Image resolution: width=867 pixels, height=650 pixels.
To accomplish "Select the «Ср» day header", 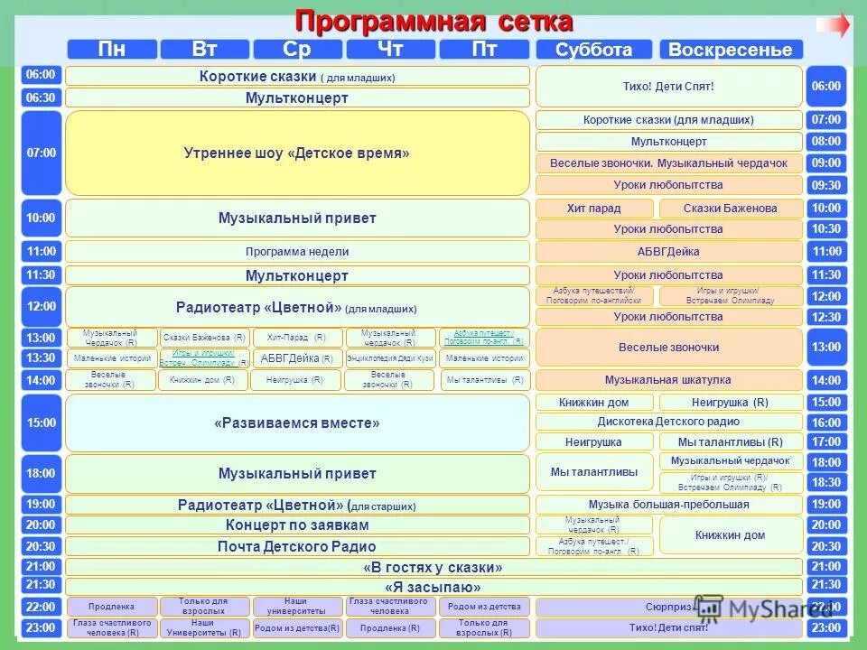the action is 297,50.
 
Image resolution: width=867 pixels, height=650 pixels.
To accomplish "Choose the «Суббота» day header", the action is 593,50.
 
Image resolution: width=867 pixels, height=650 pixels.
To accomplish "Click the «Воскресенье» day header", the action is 730,50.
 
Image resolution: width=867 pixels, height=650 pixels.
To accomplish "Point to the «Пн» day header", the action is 111,50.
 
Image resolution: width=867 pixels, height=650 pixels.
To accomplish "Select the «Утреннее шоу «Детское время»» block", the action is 297,153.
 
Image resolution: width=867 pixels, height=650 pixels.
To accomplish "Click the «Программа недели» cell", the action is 297,252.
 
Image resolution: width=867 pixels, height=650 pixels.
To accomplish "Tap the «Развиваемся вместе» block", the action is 297,422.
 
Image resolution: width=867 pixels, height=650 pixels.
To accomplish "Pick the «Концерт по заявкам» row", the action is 297,525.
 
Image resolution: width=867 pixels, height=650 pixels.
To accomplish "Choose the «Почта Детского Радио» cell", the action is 297,546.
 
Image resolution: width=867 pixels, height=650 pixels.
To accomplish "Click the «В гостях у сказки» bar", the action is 433,567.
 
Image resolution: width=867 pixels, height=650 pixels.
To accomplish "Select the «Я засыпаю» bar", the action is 433,587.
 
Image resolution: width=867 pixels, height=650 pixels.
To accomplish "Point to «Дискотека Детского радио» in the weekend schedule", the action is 668,422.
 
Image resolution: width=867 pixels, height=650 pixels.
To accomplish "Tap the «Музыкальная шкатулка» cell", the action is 668,380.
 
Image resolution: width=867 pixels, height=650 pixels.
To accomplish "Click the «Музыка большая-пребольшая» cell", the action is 668,505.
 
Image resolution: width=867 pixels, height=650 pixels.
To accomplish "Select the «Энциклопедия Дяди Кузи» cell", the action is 390,358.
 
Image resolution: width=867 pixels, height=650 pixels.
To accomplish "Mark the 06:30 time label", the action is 41,97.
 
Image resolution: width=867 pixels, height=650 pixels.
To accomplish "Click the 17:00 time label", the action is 825,442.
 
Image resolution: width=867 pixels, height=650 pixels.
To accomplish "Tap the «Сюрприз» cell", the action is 668,608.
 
